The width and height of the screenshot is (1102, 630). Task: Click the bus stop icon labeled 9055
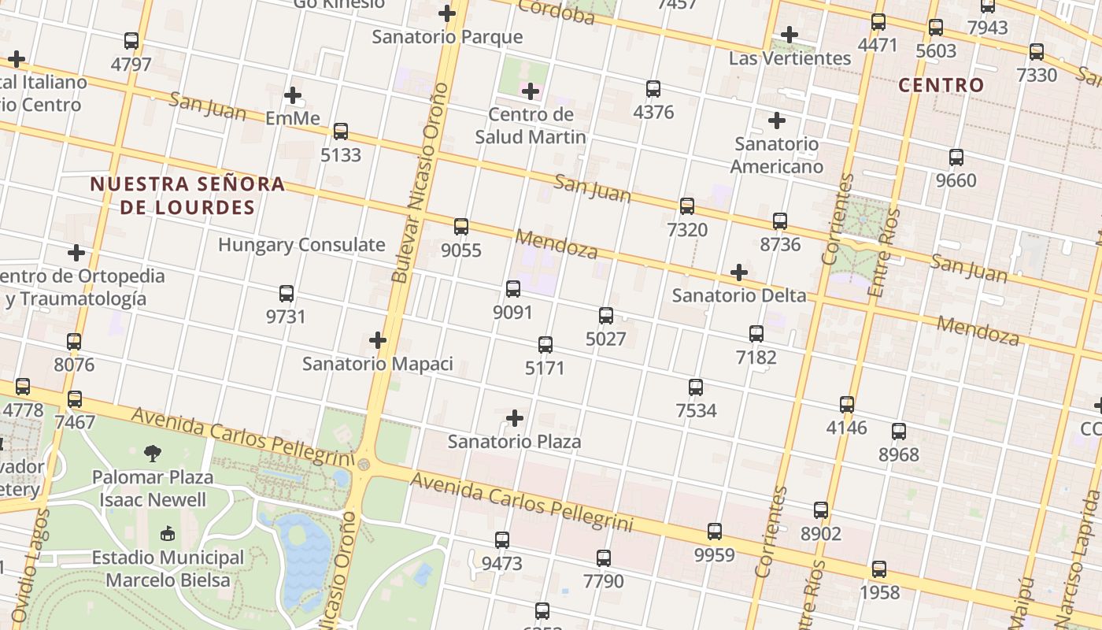461,227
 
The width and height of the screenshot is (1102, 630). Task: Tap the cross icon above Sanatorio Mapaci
378,340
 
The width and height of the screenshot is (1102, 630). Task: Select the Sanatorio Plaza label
514,441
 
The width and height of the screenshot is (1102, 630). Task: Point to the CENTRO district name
941,85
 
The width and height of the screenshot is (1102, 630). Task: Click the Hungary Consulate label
301,245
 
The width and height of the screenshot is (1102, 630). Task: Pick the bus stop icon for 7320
687,206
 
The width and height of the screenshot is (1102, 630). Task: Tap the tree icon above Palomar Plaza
153,453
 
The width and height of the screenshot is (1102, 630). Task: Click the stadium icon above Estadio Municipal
168,534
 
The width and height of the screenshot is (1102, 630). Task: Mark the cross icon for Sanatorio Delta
739,272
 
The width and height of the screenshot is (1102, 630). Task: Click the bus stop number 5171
545,368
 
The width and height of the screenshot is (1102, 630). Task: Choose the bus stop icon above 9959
715,532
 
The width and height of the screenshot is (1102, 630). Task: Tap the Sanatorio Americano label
776,155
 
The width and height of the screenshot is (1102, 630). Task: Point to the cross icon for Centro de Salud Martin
531,91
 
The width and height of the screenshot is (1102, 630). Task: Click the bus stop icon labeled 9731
287,294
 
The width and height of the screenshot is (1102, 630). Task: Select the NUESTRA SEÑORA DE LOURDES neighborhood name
187,195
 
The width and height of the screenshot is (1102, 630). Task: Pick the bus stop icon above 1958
879,569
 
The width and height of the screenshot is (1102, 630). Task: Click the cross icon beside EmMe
293,95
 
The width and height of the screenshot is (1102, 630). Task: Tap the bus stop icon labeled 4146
847,405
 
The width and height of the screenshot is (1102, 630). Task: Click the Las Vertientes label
790,58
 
